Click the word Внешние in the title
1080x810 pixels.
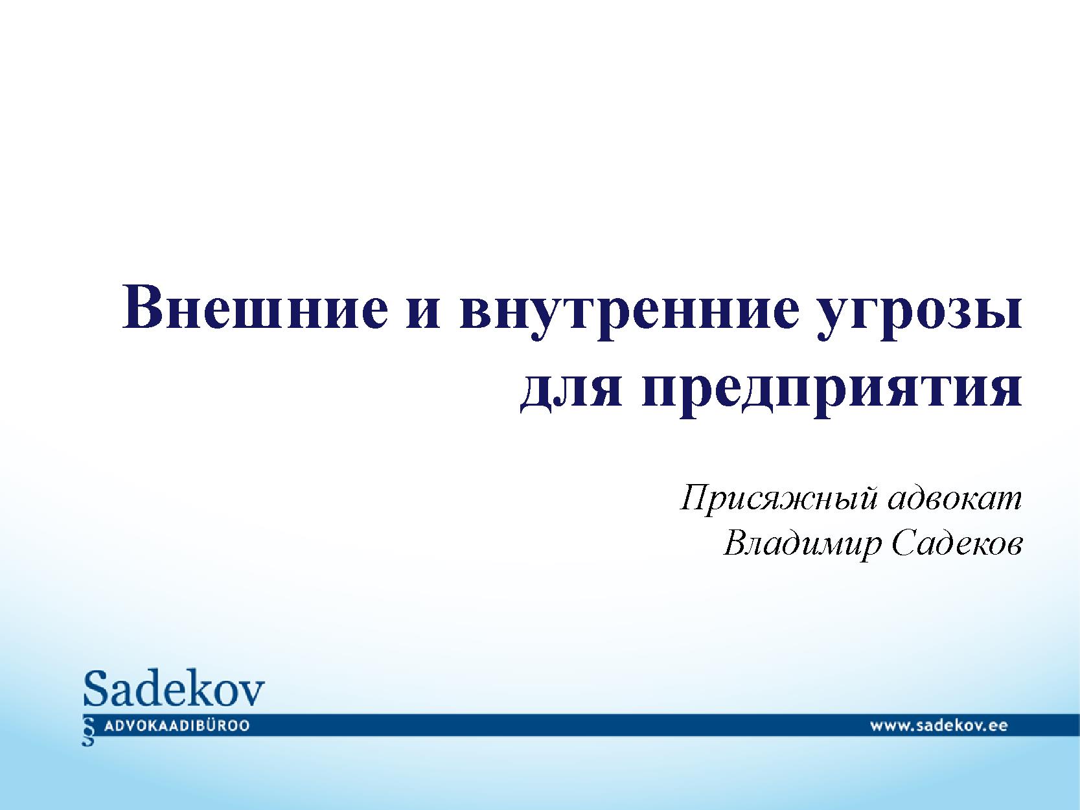[x=255, y=306]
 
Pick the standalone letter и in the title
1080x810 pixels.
[x=424, y=312]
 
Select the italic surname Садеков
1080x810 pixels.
[x=957, y=544]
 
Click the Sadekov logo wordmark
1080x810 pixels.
[x=174, y=688]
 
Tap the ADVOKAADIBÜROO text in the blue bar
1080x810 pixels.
[x=177, y=726]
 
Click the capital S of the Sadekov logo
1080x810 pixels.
[x=95, y=688]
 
